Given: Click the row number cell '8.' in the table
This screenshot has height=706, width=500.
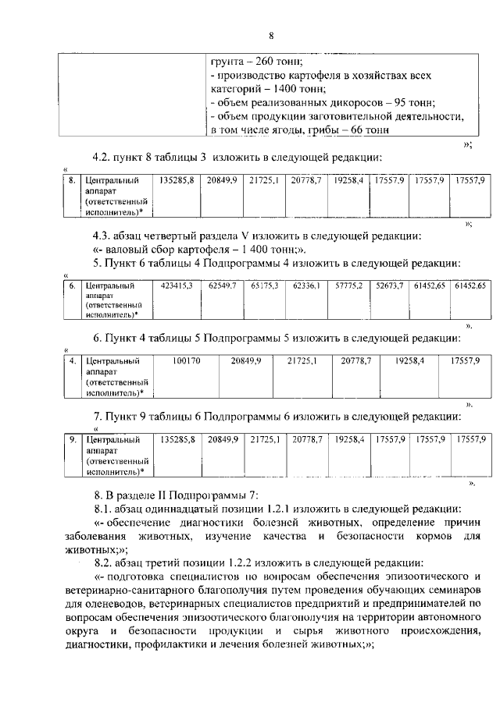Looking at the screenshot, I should point(71,180).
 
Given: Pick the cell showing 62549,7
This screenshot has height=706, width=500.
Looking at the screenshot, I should point(223,286).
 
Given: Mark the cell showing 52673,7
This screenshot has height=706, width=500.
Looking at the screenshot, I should point(389,286).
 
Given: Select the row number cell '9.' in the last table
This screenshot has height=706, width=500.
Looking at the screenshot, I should point(71,441).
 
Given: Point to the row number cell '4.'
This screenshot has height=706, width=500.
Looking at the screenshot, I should point(71,361).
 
